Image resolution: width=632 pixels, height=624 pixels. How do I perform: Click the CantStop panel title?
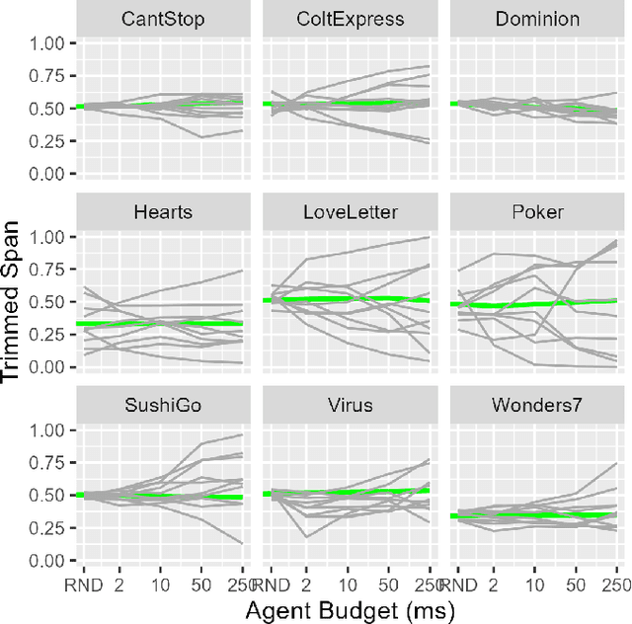point(163,20)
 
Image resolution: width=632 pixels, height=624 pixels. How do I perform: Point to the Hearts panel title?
point(163,213)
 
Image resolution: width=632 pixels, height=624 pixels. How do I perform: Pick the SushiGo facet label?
point(163,406)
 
